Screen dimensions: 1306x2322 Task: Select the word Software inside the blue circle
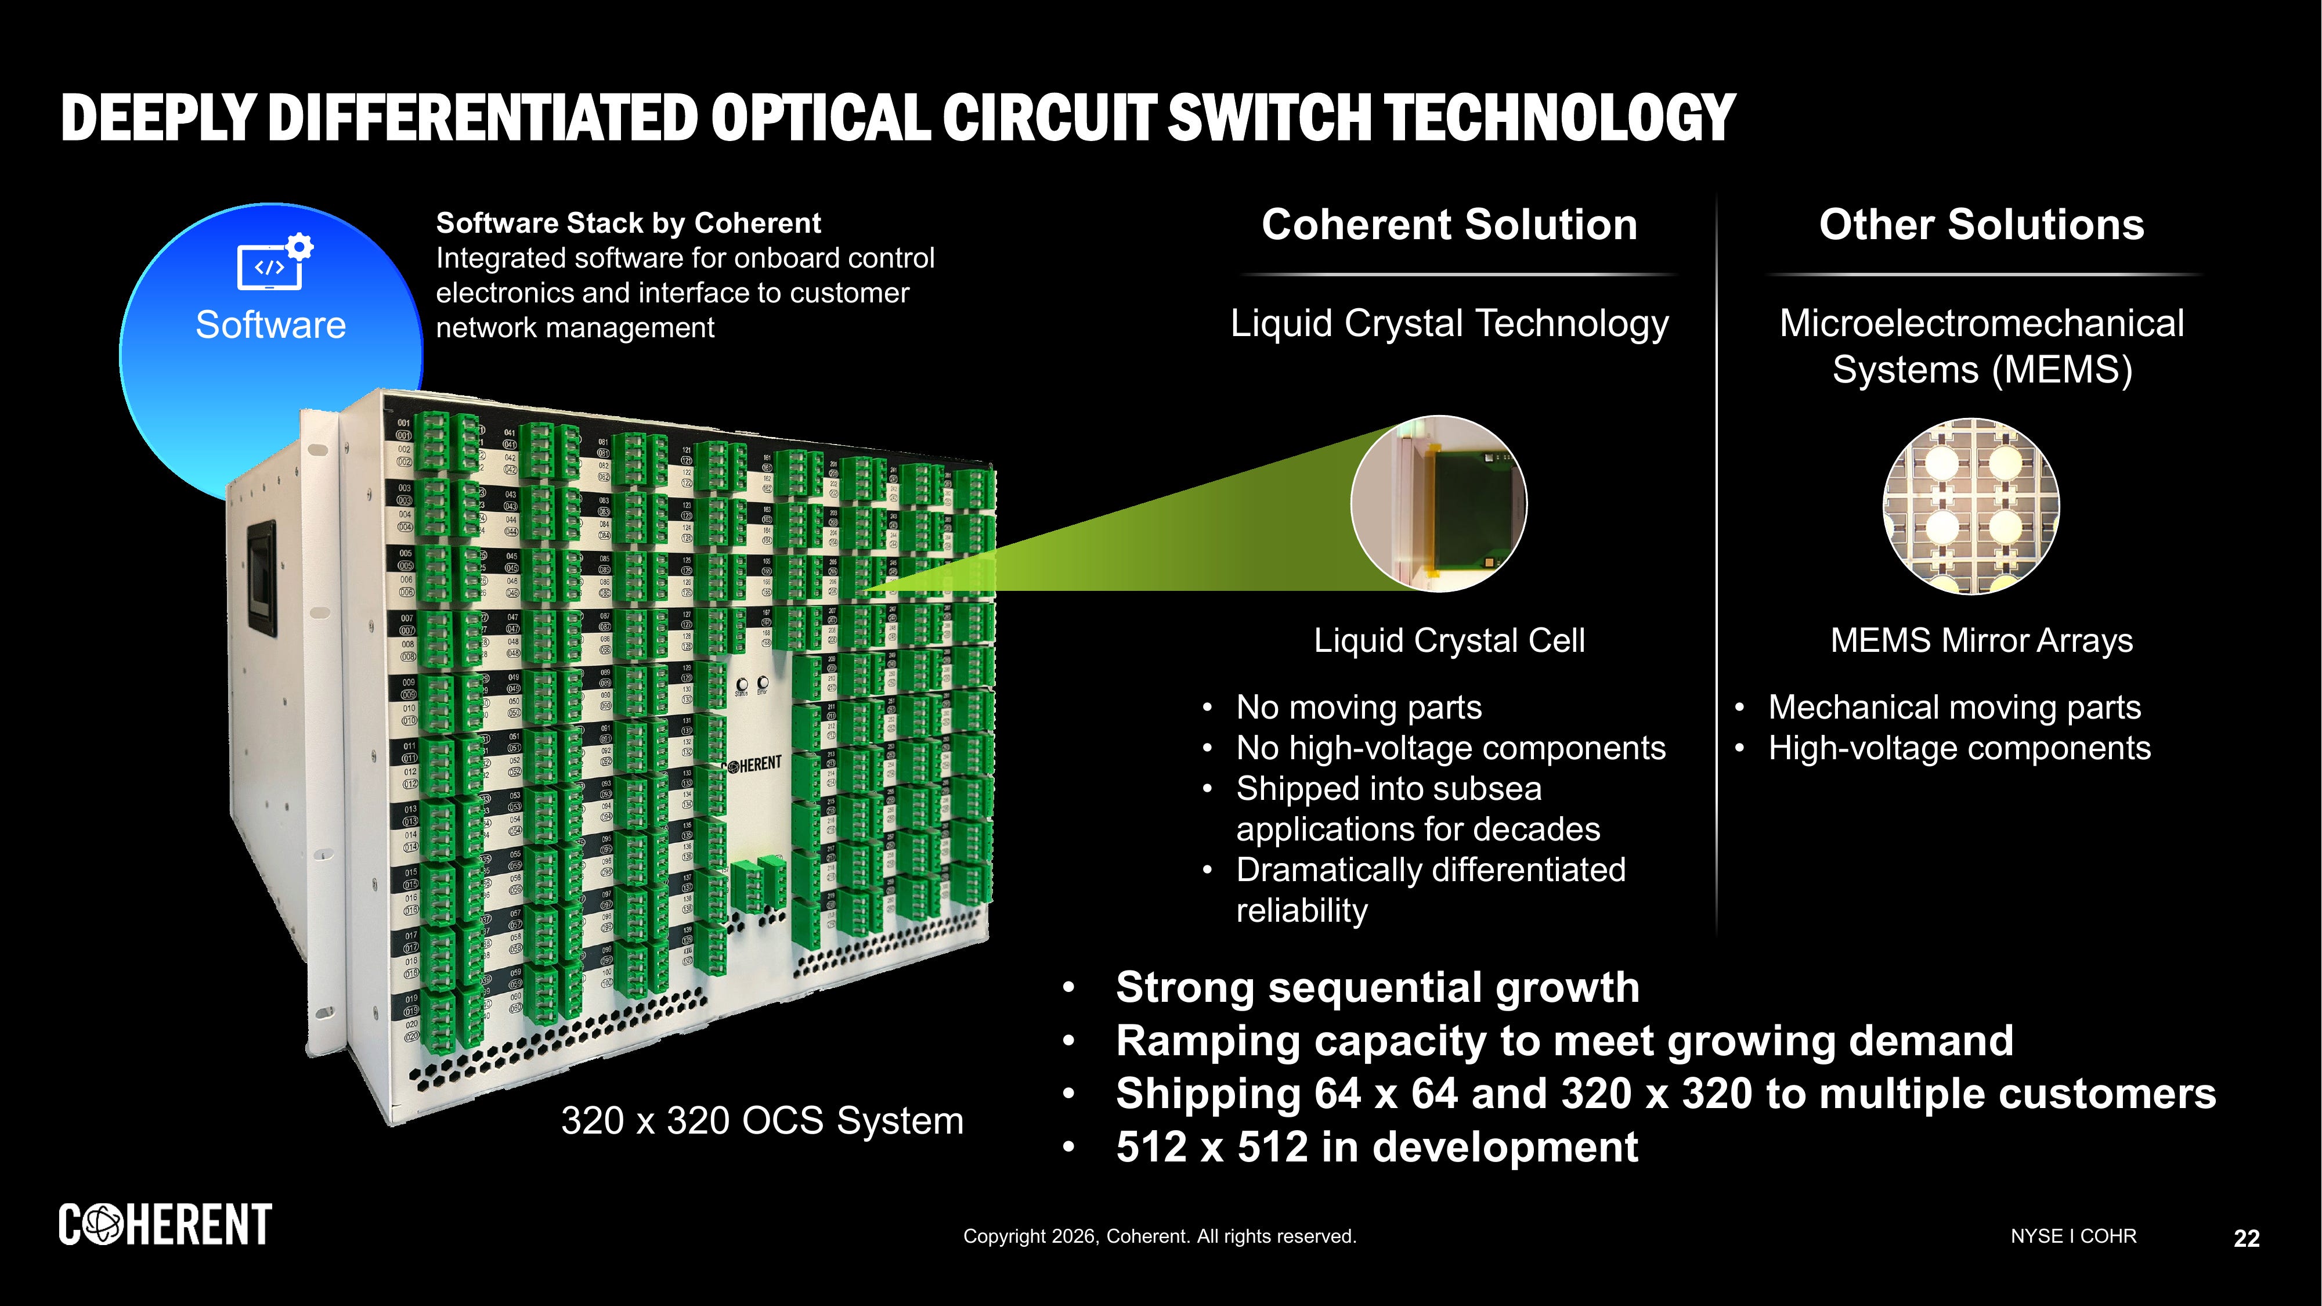click(x=270, y=324)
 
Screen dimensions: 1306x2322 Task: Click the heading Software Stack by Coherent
click(x=629, y=223)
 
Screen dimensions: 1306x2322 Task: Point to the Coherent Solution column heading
click(x=1449, y=225)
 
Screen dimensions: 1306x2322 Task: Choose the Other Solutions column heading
click(x=1980, y=225)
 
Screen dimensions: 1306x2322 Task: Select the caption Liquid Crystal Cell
click(x=1449, y=641)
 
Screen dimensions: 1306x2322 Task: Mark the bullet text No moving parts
click(x=1359, y=708)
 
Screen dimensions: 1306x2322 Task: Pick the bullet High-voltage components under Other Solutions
click(x=1959, y=748)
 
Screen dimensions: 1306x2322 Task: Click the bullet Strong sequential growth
click(x=1377, y=987)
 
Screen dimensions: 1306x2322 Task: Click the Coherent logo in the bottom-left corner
click(x=165, y=1224)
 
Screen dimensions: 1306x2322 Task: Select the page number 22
click(x=2247, y=1239)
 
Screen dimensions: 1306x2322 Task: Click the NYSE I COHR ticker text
click(x=2072, y=1236)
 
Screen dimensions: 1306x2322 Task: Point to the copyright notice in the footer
click(x=1159, y=1236)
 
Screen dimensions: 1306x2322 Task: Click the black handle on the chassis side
click(x=261, y=582)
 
